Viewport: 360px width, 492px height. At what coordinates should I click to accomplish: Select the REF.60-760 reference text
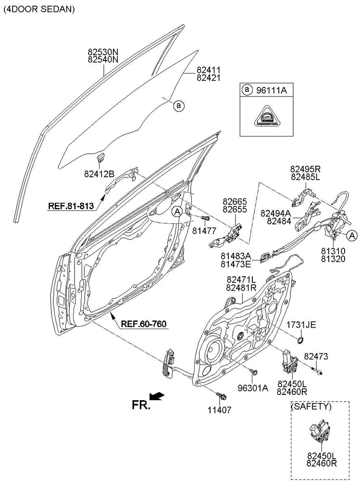(x=144, y=324)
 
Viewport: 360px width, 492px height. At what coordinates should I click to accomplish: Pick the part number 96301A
(x=253, y=388)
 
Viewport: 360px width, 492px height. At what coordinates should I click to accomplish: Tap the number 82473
(x=316, y=357)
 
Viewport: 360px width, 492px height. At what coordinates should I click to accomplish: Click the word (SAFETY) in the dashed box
(x=311, y=406)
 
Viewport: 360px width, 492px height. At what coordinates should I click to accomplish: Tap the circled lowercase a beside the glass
(x=178, y=105)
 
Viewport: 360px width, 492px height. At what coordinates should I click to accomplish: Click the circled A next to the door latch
(x=351, y=235)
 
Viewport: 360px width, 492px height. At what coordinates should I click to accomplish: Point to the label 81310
(x=334, y=251)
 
